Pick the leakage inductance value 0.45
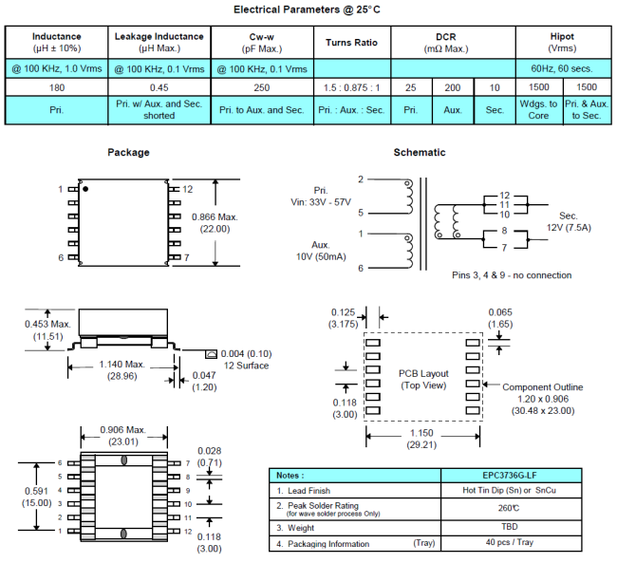pyautogui.click(x=159, y=86)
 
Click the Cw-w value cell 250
pyautogui.click(x=261, y=86)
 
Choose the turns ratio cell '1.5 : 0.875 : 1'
pyautogui.click(x=352, y=86)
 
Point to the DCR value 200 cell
pyautogui.click(x=453, y=86)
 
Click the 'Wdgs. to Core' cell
pyautogui.click(x=539, y=109)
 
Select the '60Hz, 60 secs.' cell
pyautogui.click(x=562, y=68)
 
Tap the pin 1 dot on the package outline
pyautogui.click(x=87, y=189)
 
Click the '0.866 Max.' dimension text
pyautogui.click(x=215, y=216)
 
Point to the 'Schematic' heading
pyautogui.click(x=419, y=152)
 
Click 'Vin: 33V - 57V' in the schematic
pyautogui.click(x=319, y=202)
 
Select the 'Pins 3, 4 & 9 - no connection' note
pyautogui.click(x=512, y=275)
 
